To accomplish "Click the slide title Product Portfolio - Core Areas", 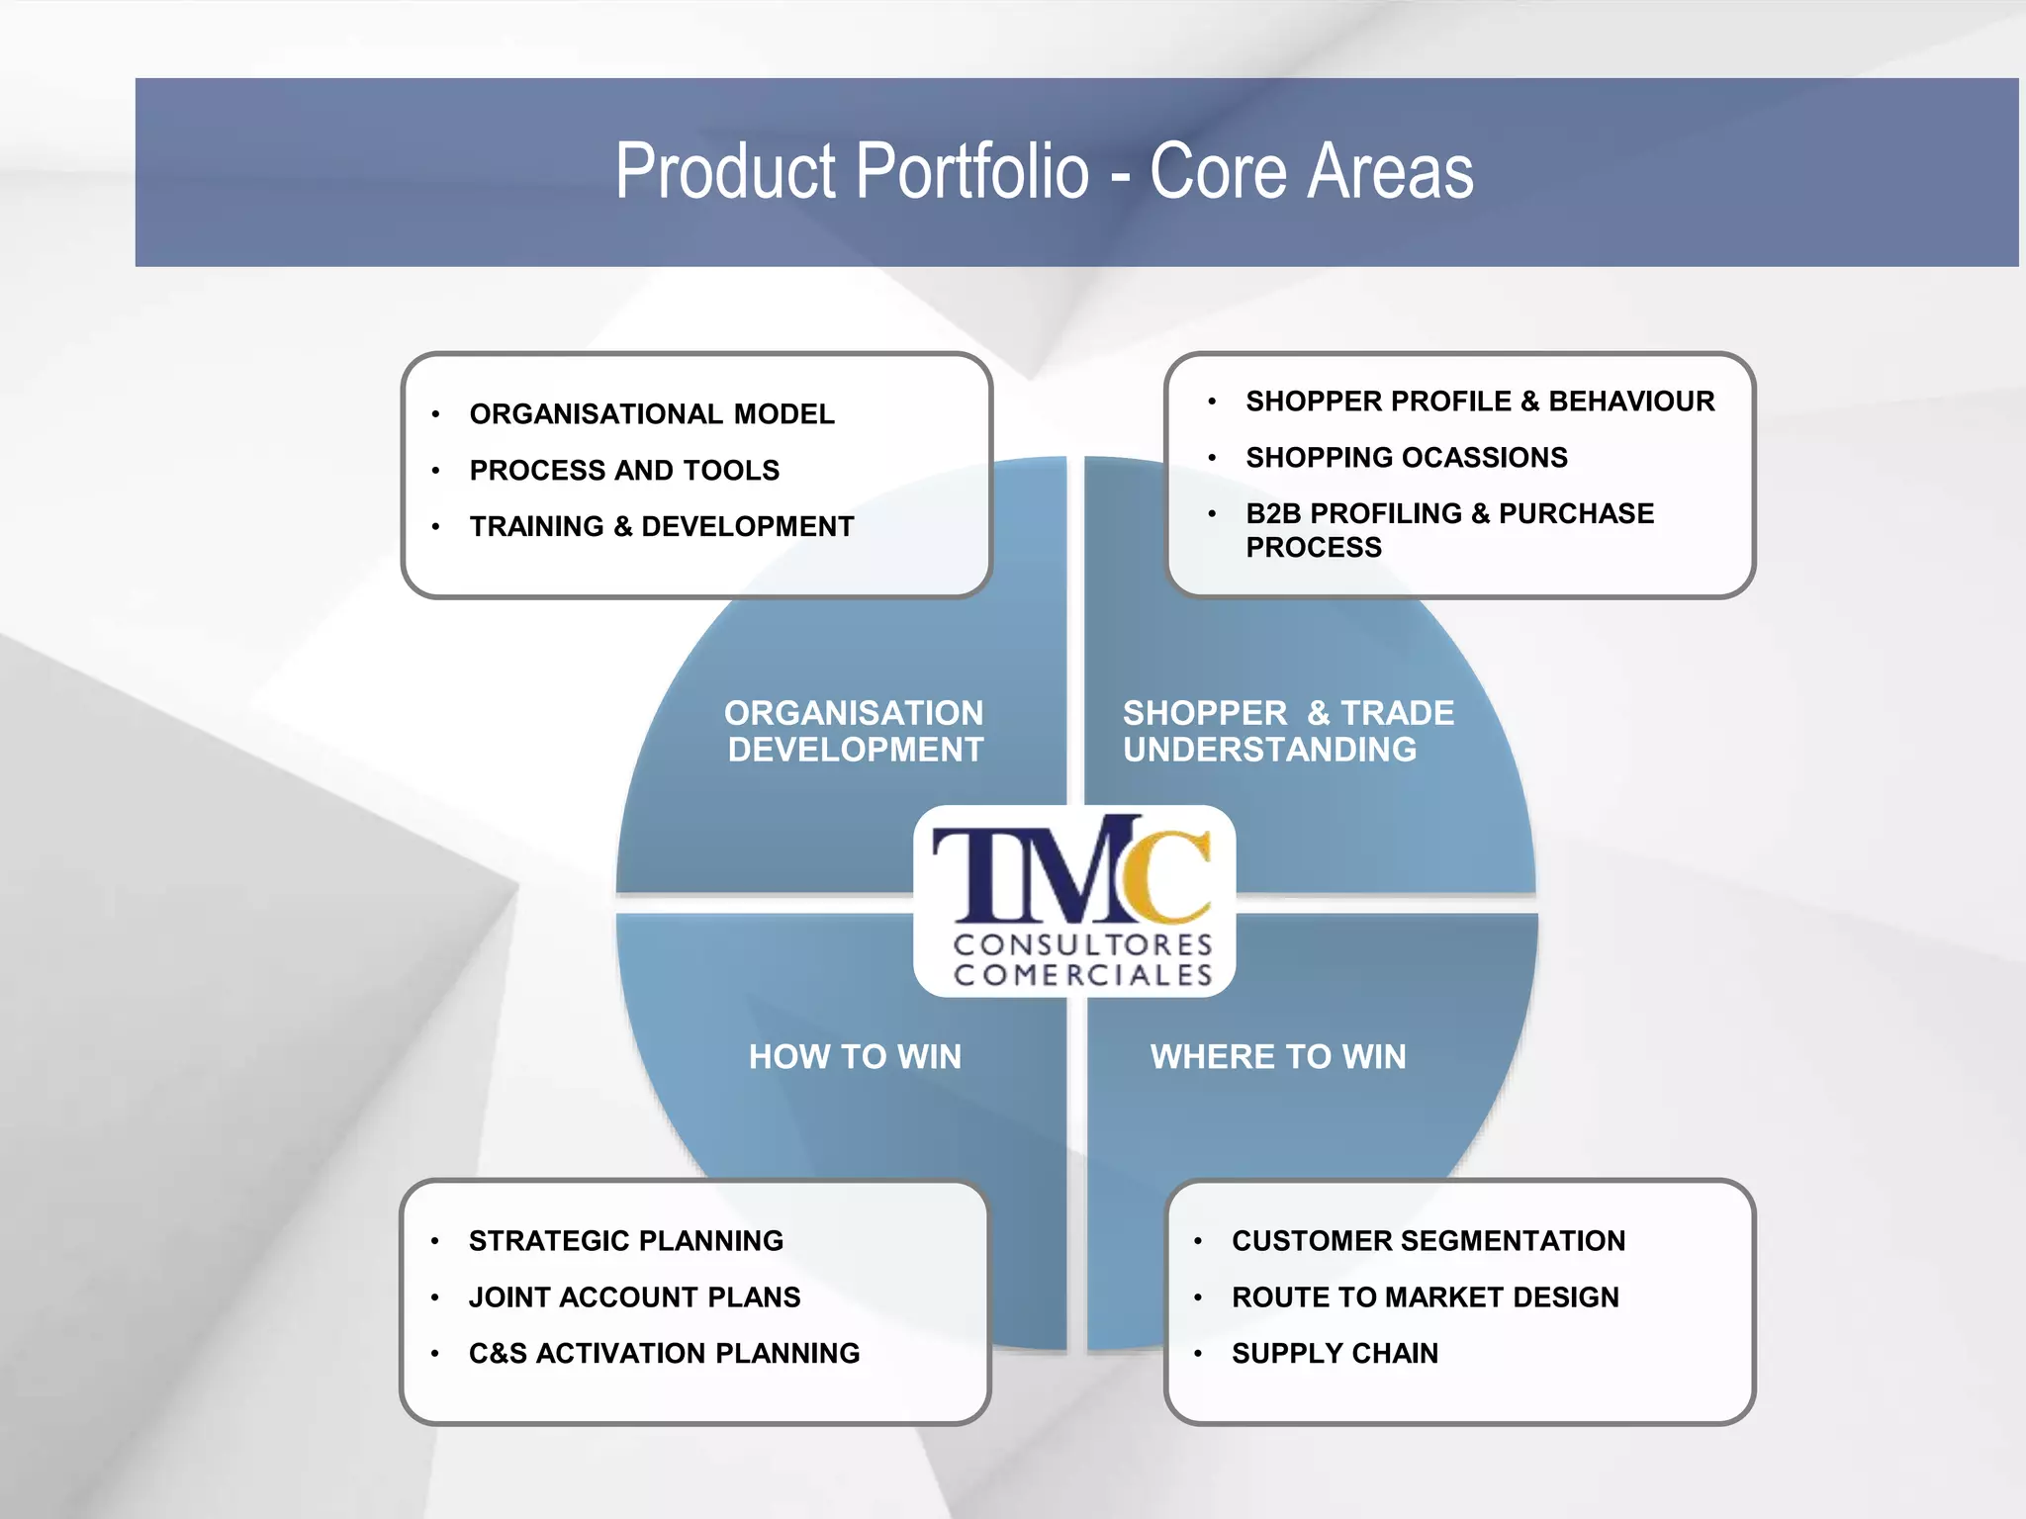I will (x=1044, y=171).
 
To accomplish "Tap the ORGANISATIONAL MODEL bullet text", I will (x=651, y=413).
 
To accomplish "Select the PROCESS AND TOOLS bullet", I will (x=624, y=470).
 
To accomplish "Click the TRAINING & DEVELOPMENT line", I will (x=661, y=526).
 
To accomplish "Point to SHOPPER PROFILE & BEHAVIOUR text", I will (x=1479, y=401).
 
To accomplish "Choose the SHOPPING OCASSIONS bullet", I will (x=1406, y=457).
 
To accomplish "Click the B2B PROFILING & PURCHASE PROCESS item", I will (x=1448, y=529).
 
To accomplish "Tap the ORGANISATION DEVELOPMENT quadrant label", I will (x=855, y=731).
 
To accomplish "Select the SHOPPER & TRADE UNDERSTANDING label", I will (x=1287, y=731).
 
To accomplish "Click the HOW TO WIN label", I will (x=855, y=1056).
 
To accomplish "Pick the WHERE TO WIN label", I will (x=1277, y=1056).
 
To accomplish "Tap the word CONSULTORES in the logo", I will (x=1082, y=944).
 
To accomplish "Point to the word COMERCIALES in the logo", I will (x=1082, y=975).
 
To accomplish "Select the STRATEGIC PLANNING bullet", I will (x=625, y=1240).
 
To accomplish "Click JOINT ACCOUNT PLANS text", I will (x=634, y=1296).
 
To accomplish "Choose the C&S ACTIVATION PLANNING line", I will (x=664, y=1353).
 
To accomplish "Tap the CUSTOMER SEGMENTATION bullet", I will (x=1427, y=1240).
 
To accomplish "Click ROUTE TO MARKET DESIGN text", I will (x=1425, y=1296).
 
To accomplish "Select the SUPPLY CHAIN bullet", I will (x=1335, y=1353).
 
